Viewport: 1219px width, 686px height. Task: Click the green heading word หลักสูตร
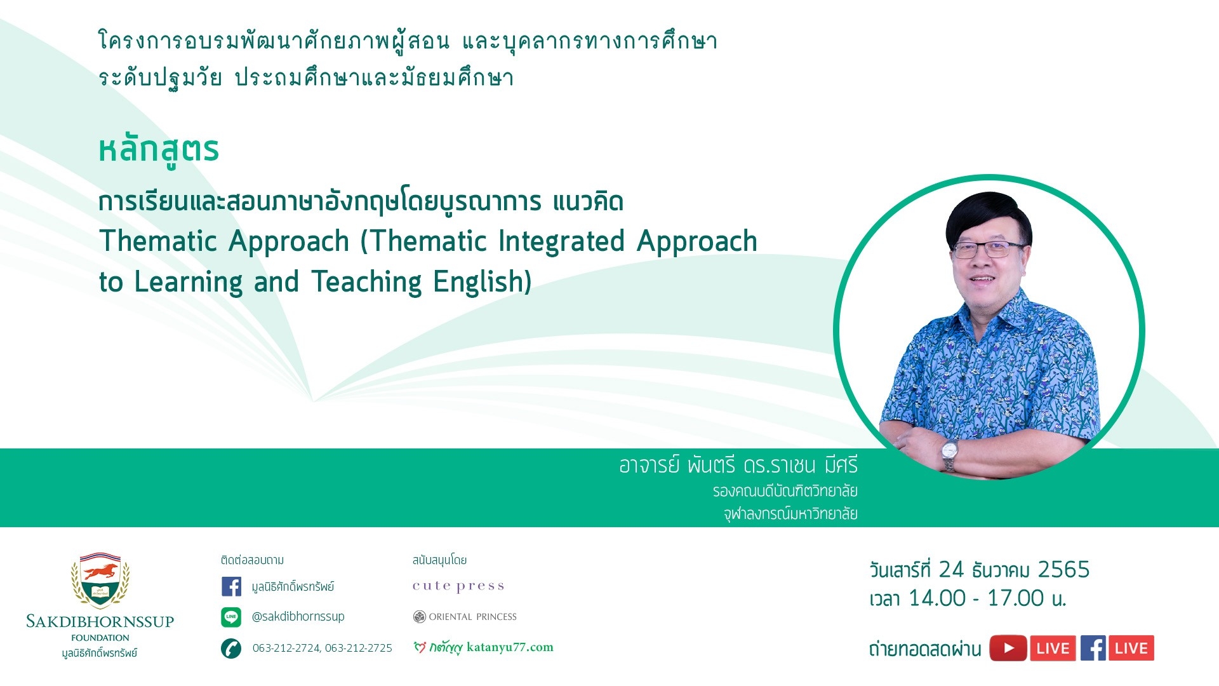(159, 151)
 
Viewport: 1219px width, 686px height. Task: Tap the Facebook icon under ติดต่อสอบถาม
(231, 586)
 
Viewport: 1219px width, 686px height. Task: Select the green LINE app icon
(231, 617)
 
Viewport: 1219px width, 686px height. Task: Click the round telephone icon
(231, 649)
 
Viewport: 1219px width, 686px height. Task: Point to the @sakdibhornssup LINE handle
(298, 617)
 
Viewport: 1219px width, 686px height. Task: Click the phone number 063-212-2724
(286, 648)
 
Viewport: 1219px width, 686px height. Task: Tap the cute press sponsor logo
(458, 586)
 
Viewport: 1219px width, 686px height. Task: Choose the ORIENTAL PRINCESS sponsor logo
(465, 617)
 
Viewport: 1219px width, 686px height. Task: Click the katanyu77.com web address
(510, 647)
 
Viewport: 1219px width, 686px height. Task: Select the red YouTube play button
(1008, 649)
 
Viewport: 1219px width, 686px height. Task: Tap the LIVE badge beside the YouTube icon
(1053, 649)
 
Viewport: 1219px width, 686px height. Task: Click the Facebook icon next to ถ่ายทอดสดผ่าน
(1093, 649)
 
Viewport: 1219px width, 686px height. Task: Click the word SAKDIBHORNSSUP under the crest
(100, 622)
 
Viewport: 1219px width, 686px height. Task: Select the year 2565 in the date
(1063, 570)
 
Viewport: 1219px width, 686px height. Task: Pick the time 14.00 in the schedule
(935, 598)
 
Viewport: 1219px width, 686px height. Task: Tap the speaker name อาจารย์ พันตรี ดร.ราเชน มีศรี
(738, 466)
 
